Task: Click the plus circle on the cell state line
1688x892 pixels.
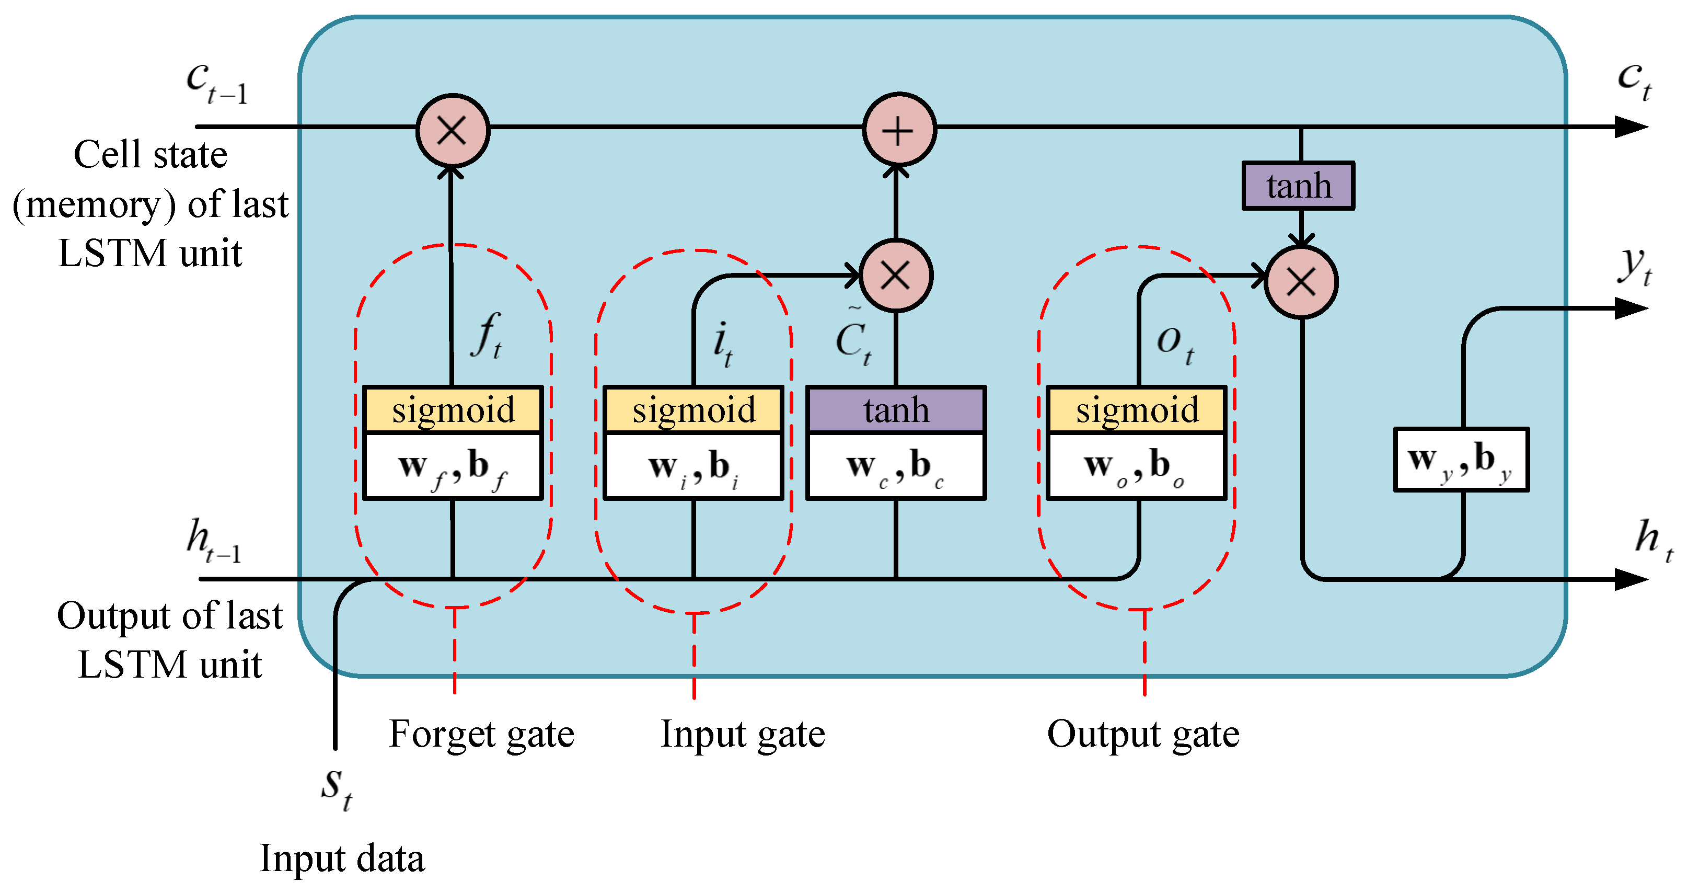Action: pos(898,130)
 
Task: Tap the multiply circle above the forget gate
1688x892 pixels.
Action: pos(452,130)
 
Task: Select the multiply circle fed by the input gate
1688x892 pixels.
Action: pos(895,275)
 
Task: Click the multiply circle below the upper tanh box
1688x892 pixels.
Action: pos(1301,282)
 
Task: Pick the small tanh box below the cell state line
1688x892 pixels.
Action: pos(1298,186)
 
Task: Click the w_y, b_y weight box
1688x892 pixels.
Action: pos(1461,460)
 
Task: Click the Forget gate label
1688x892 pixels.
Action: pos(482,734)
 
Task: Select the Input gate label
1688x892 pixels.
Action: pos(743,734)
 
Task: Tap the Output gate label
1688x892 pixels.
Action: pos(1143,734)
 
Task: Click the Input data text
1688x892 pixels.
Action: pos(342,859)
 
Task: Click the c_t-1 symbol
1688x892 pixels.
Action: pos(216,82)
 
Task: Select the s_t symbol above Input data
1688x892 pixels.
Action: pos(336,788)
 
